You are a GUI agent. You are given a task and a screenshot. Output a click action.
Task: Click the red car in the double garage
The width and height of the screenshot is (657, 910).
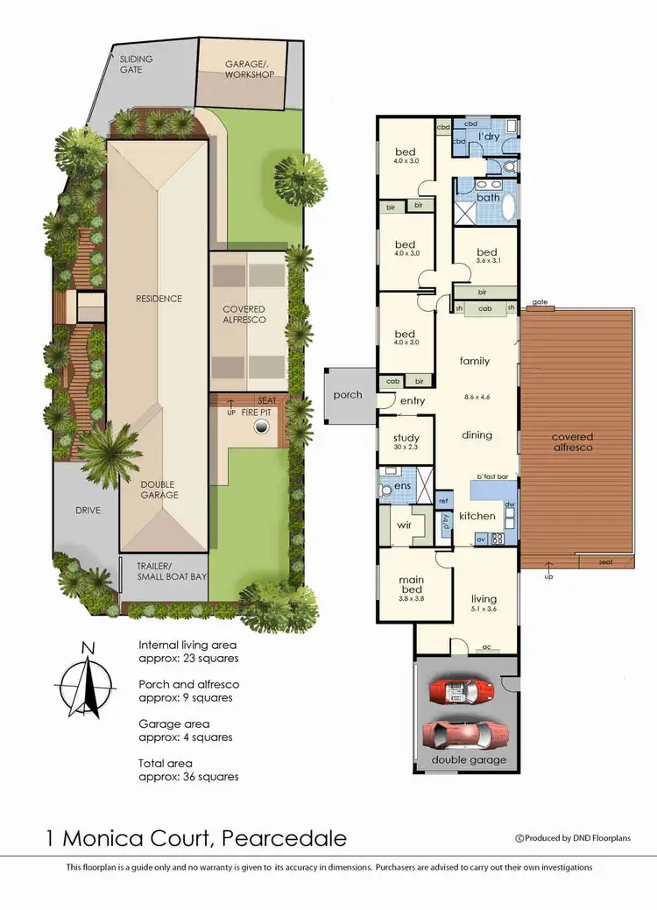point(461,692)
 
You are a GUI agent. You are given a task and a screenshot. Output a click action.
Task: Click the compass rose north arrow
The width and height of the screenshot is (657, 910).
point(85,680)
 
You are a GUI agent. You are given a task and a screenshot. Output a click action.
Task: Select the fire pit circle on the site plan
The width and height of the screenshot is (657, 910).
point(260,427)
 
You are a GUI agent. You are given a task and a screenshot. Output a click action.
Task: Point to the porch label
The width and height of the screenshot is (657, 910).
point(348,395)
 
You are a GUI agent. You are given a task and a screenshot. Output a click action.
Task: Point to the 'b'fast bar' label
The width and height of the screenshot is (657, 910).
point(493,476)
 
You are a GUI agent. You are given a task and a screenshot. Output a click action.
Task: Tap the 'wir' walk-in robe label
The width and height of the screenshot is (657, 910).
point(405,526)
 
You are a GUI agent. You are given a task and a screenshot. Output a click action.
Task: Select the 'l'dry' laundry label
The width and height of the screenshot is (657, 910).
point(488,138)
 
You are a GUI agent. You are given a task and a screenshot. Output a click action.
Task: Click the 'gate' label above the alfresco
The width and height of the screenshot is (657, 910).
point(539,302)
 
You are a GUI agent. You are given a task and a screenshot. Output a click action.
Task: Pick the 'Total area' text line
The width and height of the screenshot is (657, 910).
point(188,770)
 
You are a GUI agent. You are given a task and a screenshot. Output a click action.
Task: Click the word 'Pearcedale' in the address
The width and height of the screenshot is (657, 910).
point(285,839)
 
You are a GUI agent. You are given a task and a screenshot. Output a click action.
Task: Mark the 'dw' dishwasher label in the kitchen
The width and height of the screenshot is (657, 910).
point(509,505)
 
